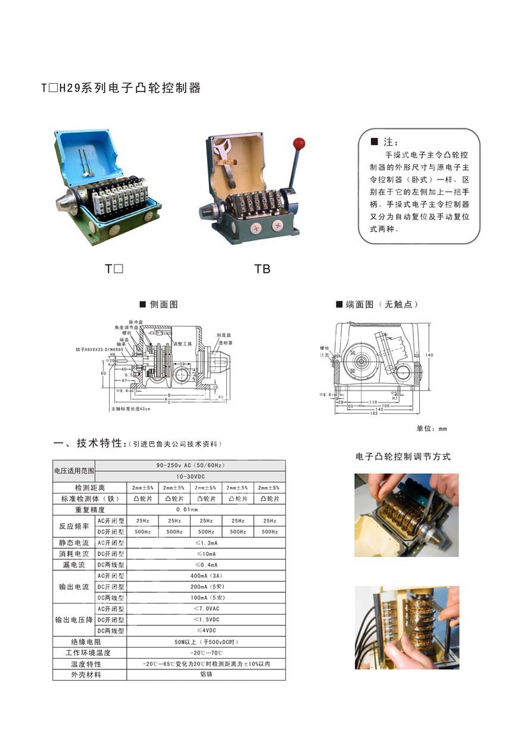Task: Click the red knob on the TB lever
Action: point(299,143)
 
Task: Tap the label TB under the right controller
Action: point(263,269)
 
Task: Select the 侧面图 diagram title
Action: point(164,304)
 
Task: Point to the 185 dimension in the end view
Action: point(374,413)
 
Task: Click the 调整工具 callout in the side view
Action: point(182,344)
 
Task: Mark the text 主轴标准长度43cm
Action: point(130,409)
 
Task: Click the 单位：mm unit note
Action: point(432,429)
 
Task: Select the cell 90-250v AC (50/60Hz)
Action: point(190,465)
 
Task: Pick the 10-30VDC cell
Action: point(190,476)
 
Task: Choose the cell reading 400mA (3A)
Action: point(206,576)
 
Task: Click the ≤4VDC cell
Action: point(206,630)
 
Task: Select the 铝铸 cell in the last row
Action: point(206,674)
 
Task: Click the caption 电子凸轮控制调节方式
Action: point(403,457)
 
